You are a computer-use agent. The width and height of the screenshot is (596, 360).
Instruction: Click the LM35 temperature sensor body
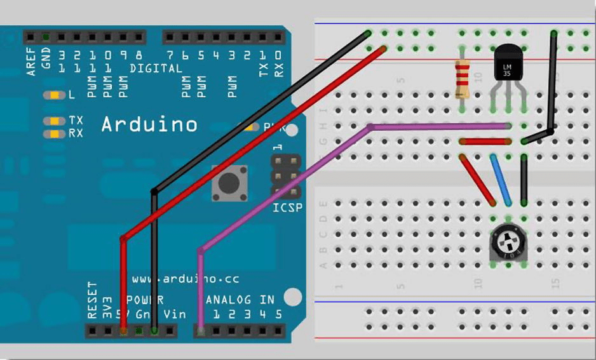tap(508, 67)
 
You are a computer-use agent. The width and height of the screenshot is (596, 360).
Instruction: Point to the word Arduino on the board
tap(149, 124)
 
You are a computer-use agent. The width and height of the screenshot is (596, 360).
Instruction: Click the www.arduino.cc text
tap(186, 279)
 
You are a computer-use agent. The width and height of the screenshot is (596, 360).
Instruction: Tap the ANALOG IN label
tap(239, 299)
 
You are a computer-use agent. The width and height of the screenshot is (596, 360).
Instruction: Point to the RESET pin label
tap(92, 300)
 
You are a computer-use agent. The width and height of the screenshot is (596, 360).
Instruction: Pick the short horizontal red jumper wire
tap(485, 141)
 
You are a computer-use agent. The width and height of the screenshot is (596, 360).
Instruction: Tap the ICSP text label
tap(287, 208)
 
